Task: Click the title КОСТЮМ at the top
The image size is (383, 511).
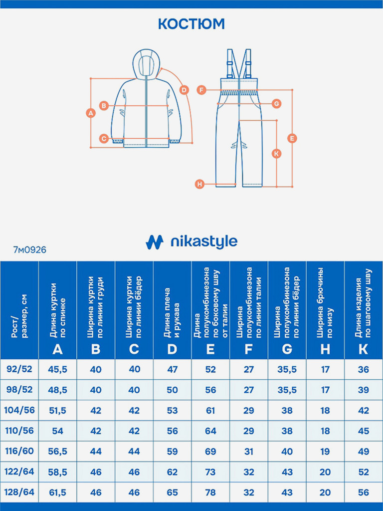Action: click(191, 23)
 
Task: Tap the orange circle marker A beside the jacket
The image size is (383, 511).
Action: click(90, 113)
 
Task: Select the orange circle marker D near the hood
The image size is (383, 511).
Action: click(184, 90)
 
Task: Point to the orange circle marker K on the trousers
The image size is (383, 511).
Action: click(277, 154)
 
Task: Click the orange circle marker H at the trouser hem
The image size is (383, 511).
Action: click(199, 184)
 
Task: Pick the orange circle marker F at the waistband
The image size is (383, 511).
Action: click(201, 90)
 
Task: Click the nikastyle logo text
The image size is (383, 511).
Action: click(203, 242)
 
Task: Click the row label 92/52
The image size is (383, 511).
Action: click(19, 369)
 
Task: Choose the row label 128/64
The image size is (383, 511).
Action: click(19, 492)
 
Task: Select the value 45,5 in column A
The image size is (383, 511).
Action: click(57, 369)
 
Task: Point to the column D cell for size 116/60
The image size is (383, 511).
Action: click(172, 451)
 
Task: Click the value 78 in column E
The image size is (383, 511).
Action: click(210, 492)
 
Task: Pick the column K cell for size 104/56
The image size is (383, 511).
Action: click(363, 410)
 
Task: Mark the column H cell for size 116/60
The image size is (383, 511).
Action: click(325, 451)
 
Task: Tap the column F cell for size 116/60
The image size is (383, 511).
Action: click(249, 451)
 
